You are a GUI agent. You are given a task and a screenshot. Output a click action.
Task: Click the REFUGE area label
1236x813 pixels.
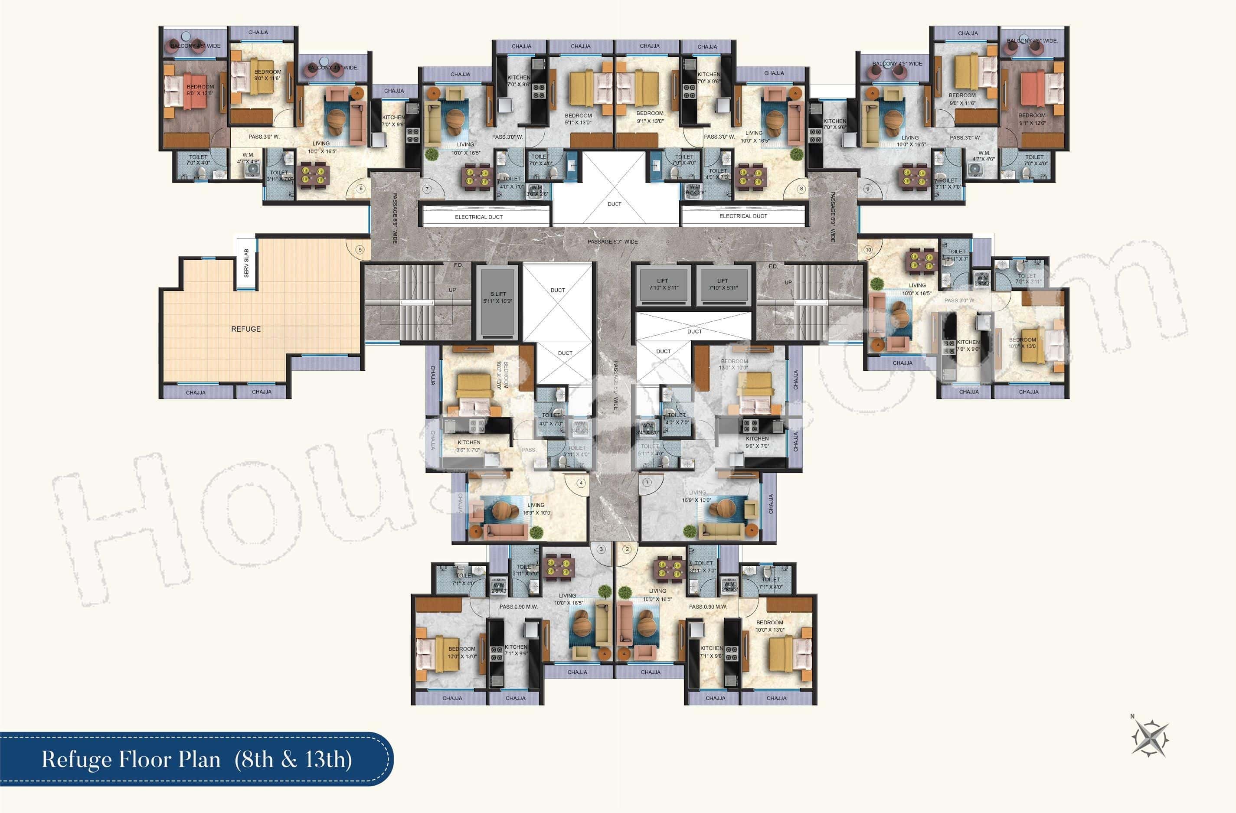[245, 329]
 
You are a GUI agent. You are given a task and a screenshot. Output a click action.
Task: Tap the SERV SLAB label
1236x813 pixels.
[246, 263]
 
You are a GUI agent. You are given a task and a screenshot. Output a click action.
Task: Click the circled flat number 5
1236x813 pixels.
[360, 250]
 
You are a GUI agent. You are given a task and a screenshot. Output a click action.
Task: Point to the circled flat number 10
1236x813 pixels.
[868, 250]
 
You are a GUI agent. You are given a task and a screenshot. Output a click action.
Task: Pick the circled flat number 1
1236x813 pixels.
[647, 482]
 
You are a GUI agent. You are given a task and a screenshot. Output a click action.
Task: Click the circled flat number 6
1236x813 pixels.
[361, 189]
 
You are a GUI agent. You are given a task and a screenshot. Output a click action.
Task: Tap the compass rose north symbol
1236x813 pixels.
[1150, 738]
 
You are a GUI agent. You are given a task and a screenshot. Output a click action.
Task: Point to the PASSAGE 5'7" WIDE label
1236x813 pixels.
[612, 242]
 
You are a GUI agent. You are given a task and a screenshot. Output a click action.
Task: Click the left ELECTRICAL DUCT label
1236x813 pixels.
[478, 217]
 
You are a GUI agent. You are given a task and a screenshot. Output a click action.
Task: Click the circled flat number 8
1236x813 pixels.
[801, 189]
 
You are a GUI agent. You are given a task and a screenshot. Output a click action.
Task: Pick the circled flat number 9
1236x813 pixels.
[867, 189]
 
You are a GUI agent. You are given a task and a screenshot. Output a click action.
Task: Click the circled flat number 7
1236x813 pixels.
[427, 189]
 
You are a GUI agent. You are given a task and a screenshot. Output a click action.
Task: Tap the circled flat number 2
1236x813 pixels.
[628, 549]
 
